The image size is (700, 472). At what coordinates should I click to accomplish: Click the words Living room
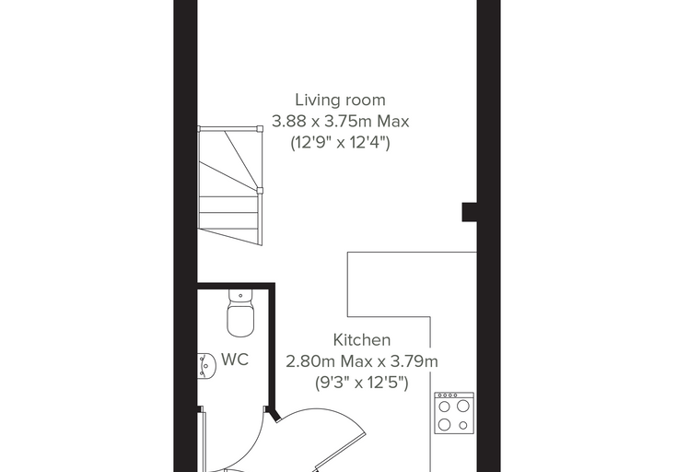(x=340, y=100)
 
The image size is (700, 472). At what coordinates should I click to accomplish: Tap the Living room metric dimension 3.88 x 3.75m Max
(x=340, y=122)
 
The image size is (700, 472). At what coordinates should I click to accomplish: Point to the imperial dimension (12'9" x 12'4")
(x=340, y=143)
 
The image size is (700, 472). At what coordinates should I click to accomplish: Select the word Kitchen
(x=362, y=339)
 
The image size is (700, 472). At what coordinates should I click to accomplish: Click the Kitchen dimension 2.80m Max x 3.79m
(x=362, y=361)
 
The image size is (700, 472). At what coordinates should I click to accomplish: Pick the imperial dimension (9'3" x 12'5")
(x=362, y=383)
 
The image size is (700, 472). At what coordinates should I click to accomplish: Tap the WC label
(x=235, y=360)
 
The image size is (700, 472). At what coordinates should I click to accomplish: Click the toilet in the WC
(x=240, y=313)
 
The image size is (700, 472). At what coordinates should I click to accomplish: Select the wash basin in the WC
(x=206, y=365)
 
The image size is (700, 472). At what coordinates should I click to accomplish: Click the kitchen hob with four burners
(x=454, y=413)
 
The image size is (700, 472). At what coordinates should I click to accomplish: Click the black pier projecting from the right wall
(x=470, y=212)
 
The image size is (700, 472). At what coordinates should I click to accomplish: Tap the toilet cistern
(x=240, y=295)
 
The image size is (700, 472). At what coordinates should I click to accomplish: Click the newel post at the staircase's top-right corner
(x=260, y=129)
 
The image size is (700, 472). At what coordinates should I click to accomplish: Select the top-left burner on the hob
(x=444, y=407)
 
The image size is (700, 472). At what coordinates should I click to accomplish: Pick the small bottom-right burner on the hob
(x=463, y=426)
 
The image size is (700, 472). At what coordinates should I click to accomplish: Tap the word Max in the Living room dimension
(x=393, y=122)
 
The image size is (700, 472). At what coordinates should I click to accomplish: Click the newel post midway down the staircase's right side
(x=260, y=191)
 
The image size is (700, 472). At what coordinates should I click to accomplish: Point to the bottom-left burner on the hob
(x=444, y=424)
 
